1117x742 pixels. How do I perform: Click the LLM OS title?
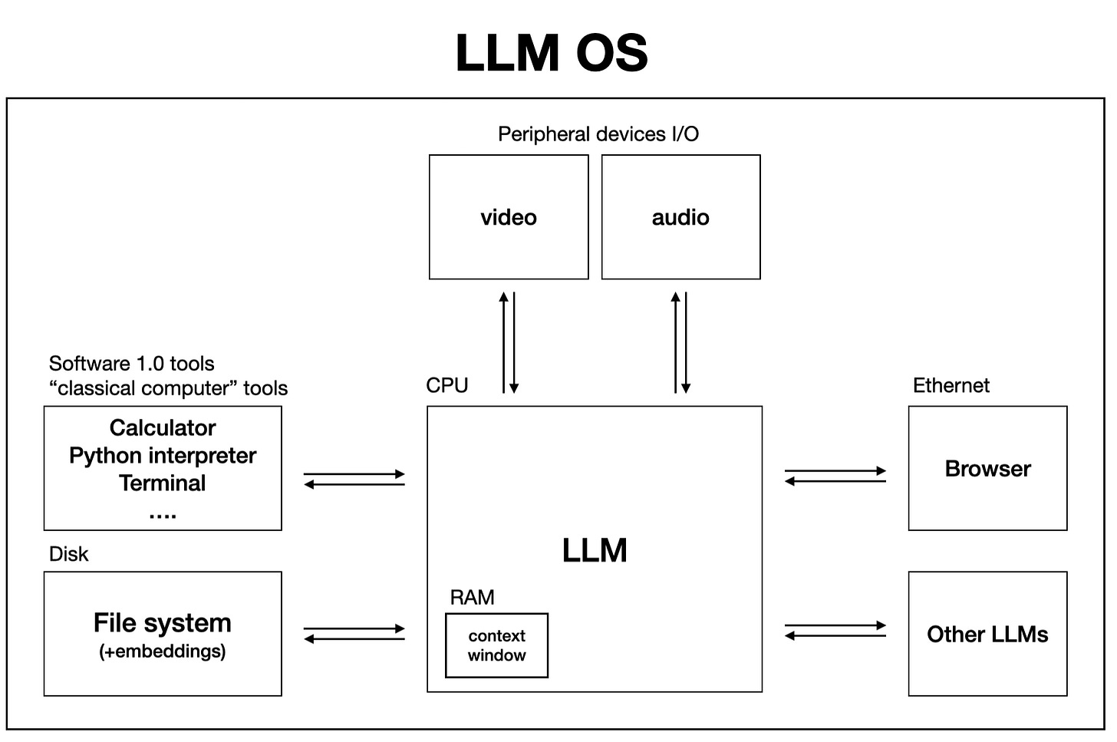click(x=552, y=53)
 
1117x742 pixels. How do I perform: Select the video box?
click(x=509, y=217)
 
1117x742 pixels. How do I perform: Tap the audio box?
click(x=680, y=217)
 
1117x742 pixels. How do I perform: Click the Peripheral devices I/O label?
click(x=598, y=134)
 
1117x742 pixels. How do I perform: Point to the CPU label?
click(x=447, y=385)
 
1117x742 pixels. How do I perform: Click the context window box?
click(x=496, y=645)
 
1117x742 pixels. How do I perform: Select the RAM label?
click(x=472, y=597)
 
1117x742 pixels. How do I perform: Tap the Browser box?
click(x=987, y=468)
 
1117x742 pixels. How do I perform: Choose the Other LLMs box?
click(x=987, y=634)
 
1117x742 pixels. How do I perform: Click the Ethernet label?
click(x=951, y=385)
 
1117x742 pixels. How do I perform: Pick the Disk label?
click(x=69, y=554)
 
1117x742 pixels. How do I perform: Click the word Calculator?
click(x=163, y=427)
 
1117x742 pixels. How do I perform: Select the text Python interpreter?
click(x=163, y=455)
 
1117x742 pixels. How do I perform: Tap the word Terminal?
click(x=163, y=483)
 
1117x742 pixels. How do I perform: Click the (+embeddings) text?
click(x=163, y=651)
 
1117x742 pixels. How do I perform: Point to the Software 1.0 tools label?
click(x=132, y=363)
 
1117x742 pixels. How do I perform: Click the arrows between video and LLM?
click(x=509, y=342)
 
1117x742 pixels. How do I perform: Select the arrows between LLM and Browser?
click(x=835, y=476)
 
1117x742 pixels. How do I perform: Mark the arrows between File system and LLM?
click(x=354, y=634)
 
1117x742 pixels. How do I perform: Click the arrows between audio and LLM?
click(x=680, y=342)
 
